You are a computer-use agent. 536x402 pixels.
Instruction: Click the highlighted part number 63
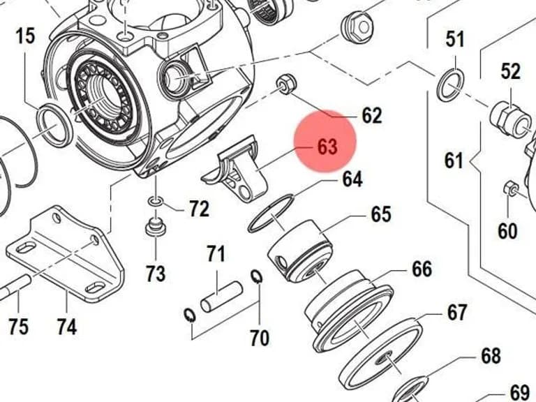(327, 147)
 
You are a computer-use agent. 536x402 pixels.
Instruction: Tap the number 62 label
(371, 116)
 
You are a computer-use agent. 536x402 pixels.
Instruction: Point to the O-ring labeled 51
(451, 86)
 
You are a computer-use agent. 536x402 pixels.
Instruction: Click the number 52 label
(511, 71)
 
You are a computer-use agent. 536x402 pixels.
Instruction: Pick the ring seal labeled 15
(54, 125)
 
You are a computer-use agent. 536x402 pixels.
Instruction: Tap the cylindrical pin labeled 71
(221, 297)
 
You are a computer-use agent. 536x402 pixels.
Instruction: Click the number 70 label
(260, 338)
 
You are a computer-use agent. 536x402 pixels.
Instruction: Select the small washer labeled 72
(156, 202)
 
